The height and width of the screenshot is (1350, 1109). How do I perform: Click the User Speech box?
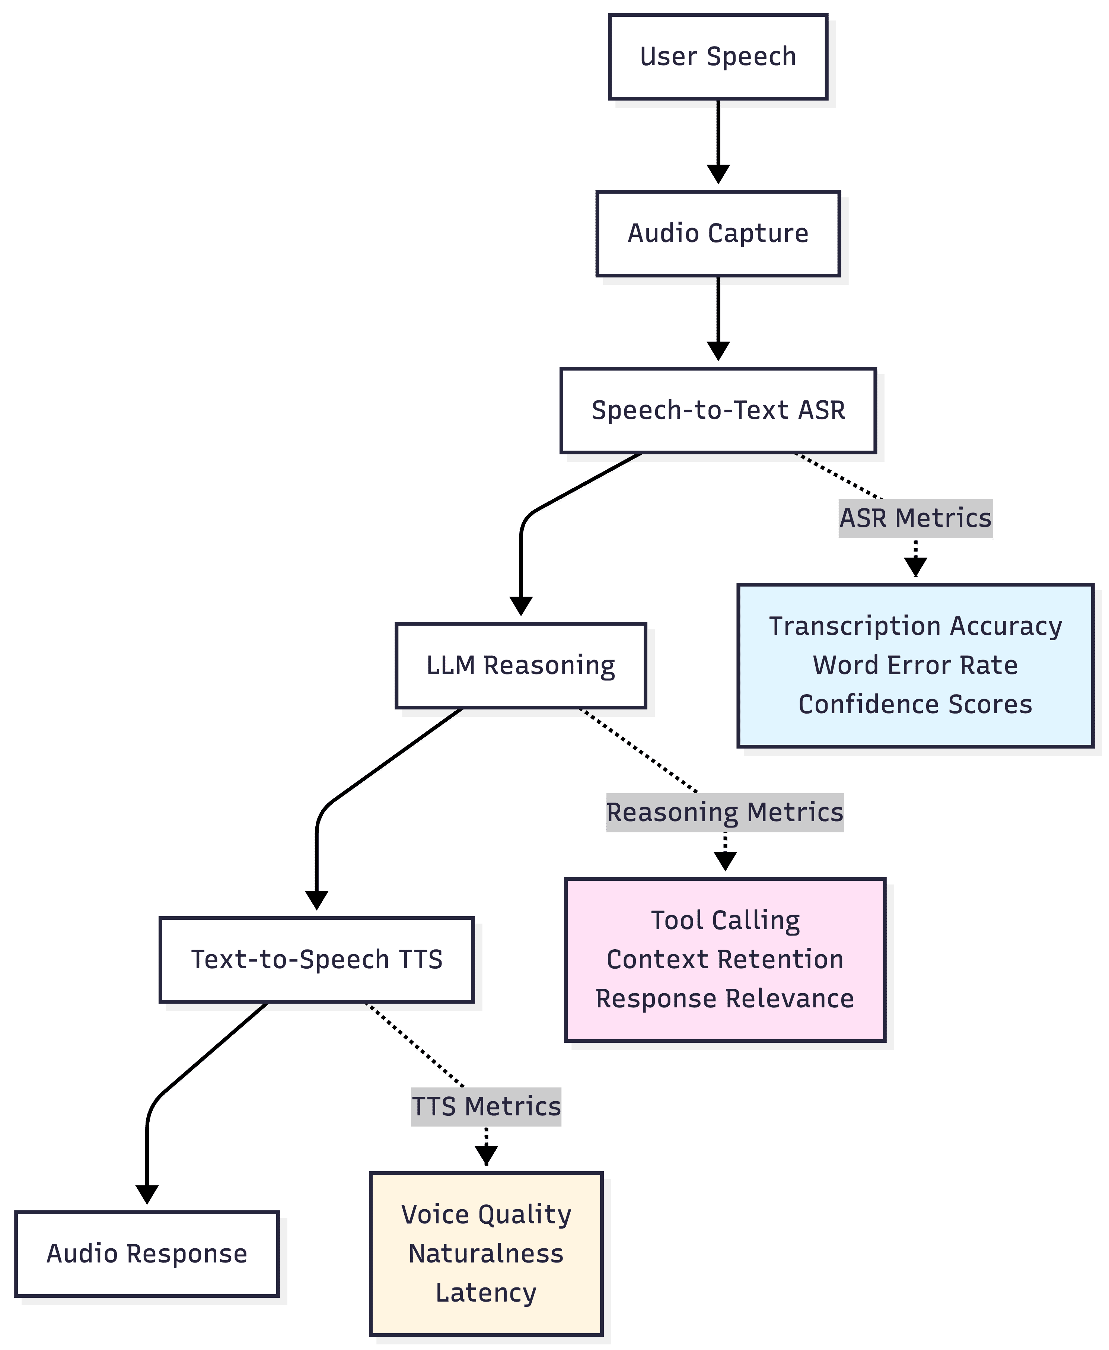click(718, 57)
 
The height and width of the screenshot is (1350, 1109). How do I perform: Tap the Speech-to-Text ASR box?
click(718, 410)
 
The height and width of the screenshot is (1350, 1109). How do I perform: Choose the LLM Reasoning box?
click(521, 666)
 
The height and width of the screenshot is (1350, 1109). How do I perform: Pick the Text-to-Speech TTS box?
click(316, 960)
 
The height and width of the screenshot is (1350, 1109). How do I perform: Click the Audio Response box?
click(147, 1254)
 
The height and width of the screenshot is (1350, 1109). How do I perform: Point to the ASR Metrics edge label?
click(915, 518)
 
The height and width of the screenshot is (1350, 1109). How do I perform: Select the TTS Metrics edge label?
click(486, 1106)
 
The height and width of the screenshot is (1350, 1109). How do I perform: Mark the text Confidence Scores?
click(915, 705)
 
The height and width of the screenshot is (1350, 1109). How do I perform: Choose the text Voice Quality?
click(486, 1214)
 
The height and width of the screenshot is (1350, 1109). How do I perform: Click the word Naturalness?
click(486, 1254)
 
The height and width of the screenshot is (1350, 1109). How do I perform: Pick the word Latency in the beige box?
click(486, 1293)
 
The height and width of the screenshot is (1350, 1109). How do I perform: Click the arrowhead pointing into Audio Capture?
click(718, 174)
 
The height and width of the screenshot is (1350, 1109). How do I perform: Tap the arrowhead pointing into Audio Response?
click(147, 1194)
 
